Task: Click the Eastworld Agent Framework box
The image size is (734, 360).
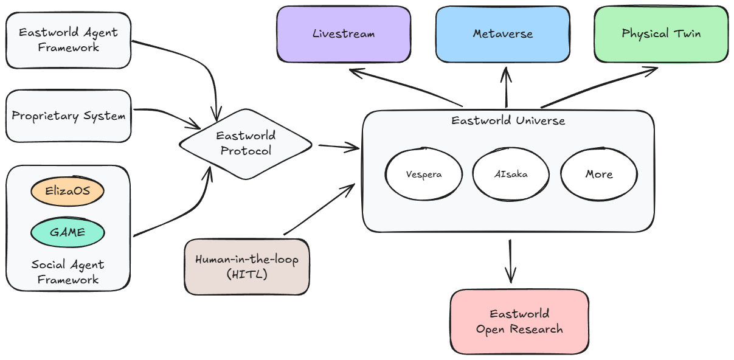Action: (68, 40)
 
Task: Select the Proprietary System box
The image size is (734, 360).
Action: (68, 116)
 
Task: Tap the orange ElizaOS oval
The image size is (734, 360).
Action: (68, 191)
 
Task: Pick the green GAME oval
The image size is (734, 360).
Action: (68, 232)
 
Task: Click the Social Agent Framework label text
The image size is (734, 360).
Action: (68, 272)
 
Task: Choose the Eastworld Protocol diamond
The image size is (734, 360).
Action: (246, 144)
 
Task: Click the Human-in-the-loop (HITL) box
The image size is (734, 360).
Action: (246, 267)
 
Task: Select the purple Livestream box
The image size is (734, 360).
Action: (344, 34)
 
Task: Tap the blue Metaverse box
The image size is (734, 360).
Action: (502, 34)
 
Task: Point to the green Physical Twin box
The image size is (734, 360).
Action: (660, 34)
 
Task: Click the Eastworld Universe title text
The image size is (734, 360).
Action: (508, 120)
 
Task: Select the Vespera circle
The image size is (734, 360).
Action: (423, 174)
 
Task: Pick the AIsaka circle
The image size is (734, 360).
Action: (511, 174)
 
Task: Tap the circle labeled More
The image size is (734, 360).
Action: (598, 174)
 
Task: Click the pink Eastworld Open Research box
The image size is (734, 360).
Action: (519, 322)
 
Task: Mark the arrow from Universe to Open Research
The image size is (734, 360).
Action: (510, 260)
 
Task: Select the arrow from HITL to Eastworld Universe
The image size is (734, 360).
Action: (319, 210)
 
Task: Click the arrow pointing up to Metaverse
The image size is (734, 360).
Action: (506, 88)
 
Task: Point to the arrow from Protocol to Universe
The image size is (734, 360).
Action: (338, 146)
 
